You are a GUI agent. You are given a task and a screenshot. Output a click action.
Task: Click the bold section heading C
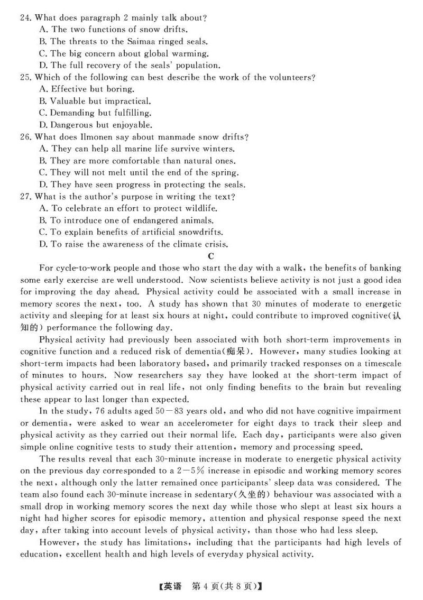coord(211,257)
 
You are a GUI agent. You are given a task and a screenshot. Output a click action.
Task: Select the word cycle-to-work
coord(74,269)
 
